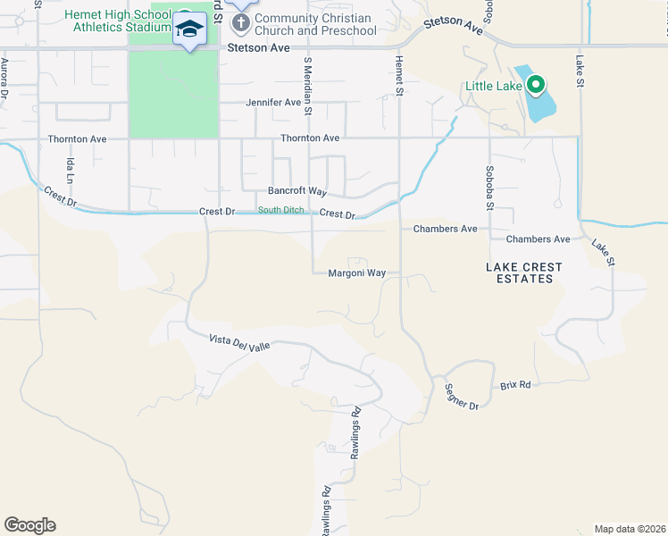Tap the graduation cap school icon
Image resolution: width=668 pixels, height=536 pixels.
[x=189, y=30]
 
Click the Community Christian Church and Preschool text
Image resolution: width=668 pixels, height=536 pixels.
[x=315, y=24]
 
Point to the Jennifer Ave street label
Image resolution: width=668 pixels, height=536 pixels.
[x=273, y=103]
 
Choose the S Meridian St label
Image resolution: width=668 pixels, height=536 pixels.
[x=308, y=87]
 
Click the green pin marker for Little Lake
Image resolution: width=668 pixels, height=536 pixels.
[x=536, y=86]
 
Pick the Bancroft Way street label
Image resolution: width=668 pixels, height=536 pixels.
[x=297, y=191]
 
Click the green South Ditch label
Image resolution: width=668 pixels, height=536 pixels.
[x=282, y=211]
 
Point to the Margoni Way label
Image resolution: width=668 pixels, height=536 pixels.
[x=356, y=273]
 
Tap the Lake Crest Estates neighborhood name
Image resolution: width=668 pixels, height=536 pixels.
[x=524, y=272]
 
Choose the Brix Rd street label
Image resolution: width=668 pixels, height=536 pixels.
[x=515, y=385]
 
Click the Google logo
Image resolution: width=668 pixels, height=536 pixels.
[x=30, y=525]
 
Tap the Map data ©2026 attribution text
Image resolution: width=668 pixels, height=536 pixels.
[x=630, y=529]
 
